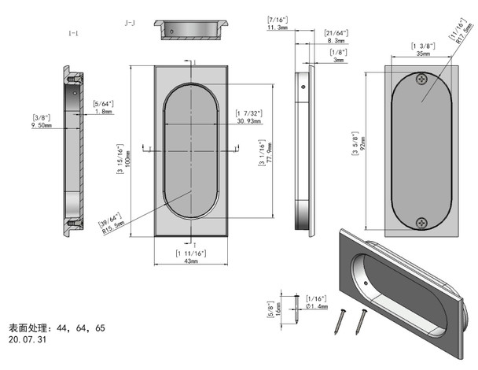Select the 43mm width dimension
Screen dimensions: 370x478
(x=190, y=261)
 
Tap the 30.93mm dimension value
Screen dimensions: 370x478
(x=248, y=120)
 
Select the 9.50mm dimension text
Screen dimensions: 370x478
(x=41, y=124)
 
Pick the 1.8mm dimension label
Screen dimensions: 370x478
(x=103, y=112)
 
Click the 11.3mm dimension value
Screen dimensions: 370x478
(x=278, y=27)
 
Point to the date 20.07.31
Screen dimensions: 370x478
(x=28, y=340)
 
